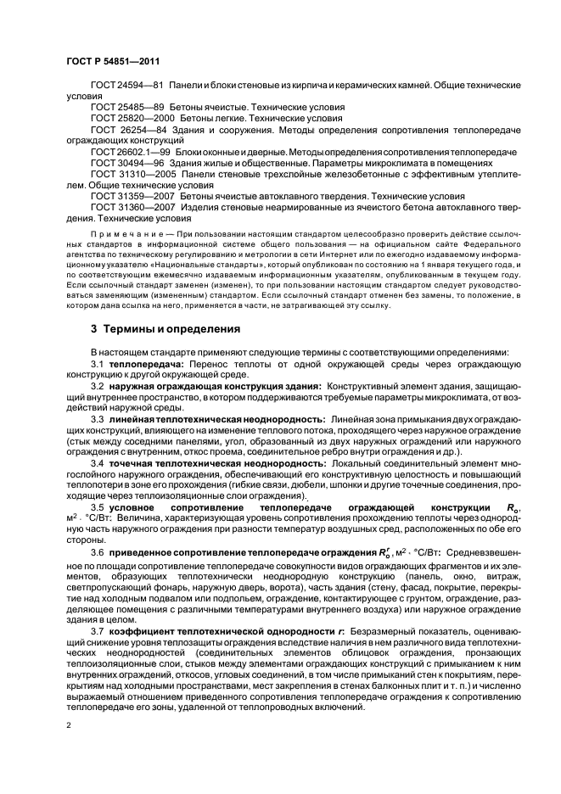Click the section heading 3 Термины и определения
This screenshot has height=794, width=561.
(145, 327)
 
